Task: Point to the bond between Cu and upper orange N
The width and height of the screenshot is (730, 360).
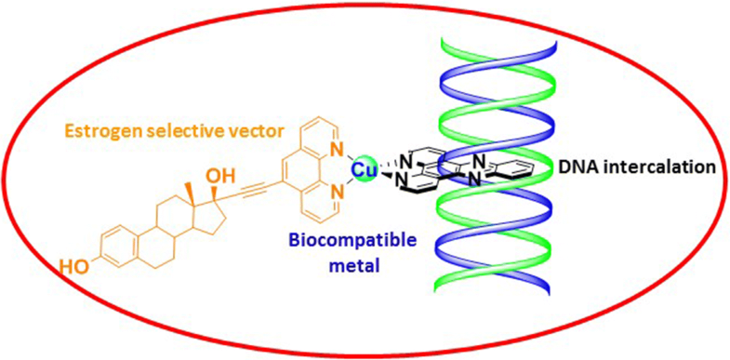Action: (348, 159)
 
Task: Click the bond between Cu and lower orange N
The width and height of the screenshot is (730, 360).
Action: (348, 184)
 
